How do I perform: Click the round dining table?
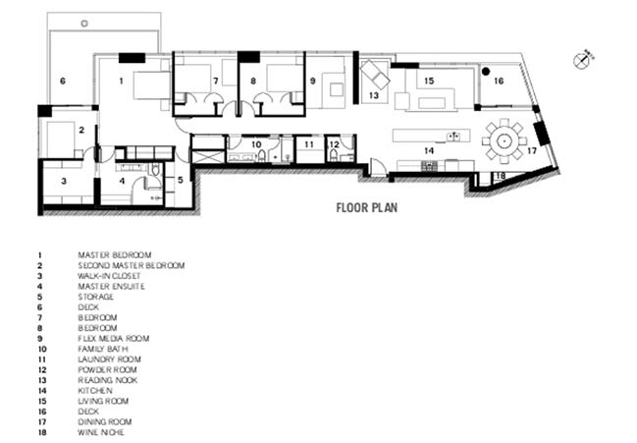pyautogui.click(x=504, y=141)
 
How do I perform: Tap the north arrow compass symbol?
pyautogui.click(x=581, y=61)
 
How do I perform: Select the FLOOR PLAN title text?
pyautogui.click(x=366, y=207)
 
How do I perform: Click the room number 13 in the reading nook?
pyautogui.click(x=374, y=95)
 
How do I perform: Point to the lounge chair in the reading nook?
pyautogui.click(x=375, y=75)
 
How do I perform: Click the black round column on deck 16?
pyautogui.click(x=485, y=72)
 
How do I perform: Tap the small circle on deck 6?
pyautogui.click(x=84, y=24)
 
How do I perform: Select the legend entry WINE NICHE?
pyautogui.click(x=101, y=432)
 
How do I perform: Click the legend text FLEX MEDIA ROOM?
pyautogui.click(x=114, y=338)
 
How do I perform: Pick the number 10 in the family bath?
pyautogui.click(x=256, y=144)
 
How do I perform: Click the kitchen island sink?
pyautogui.click(x=453, y=137)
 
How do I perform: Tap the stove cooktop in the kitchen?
pyautogui.click(x=429, y=165)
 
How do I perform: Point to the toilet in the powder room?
pyautogui.click(x=334, y=154)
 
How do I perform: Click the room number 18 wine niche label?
pyautogui.click(x=501, y=176)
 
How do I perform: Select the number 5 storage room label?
pyautogui.click(x=181, y=179)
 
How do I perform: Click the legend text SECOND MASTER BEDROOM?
pyautogui.click(x=132, y=265)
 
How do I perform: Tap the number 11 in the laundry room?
pyautogui.click(x=309, y=144)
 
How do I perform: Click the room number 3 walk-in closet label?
pyautogui.click(x=64, y=181)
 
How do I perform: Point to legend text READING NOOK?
pyautogui.click(x=108, y=380)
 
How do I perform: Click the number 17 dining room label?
pyautogui.click(x=532, y=151)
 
